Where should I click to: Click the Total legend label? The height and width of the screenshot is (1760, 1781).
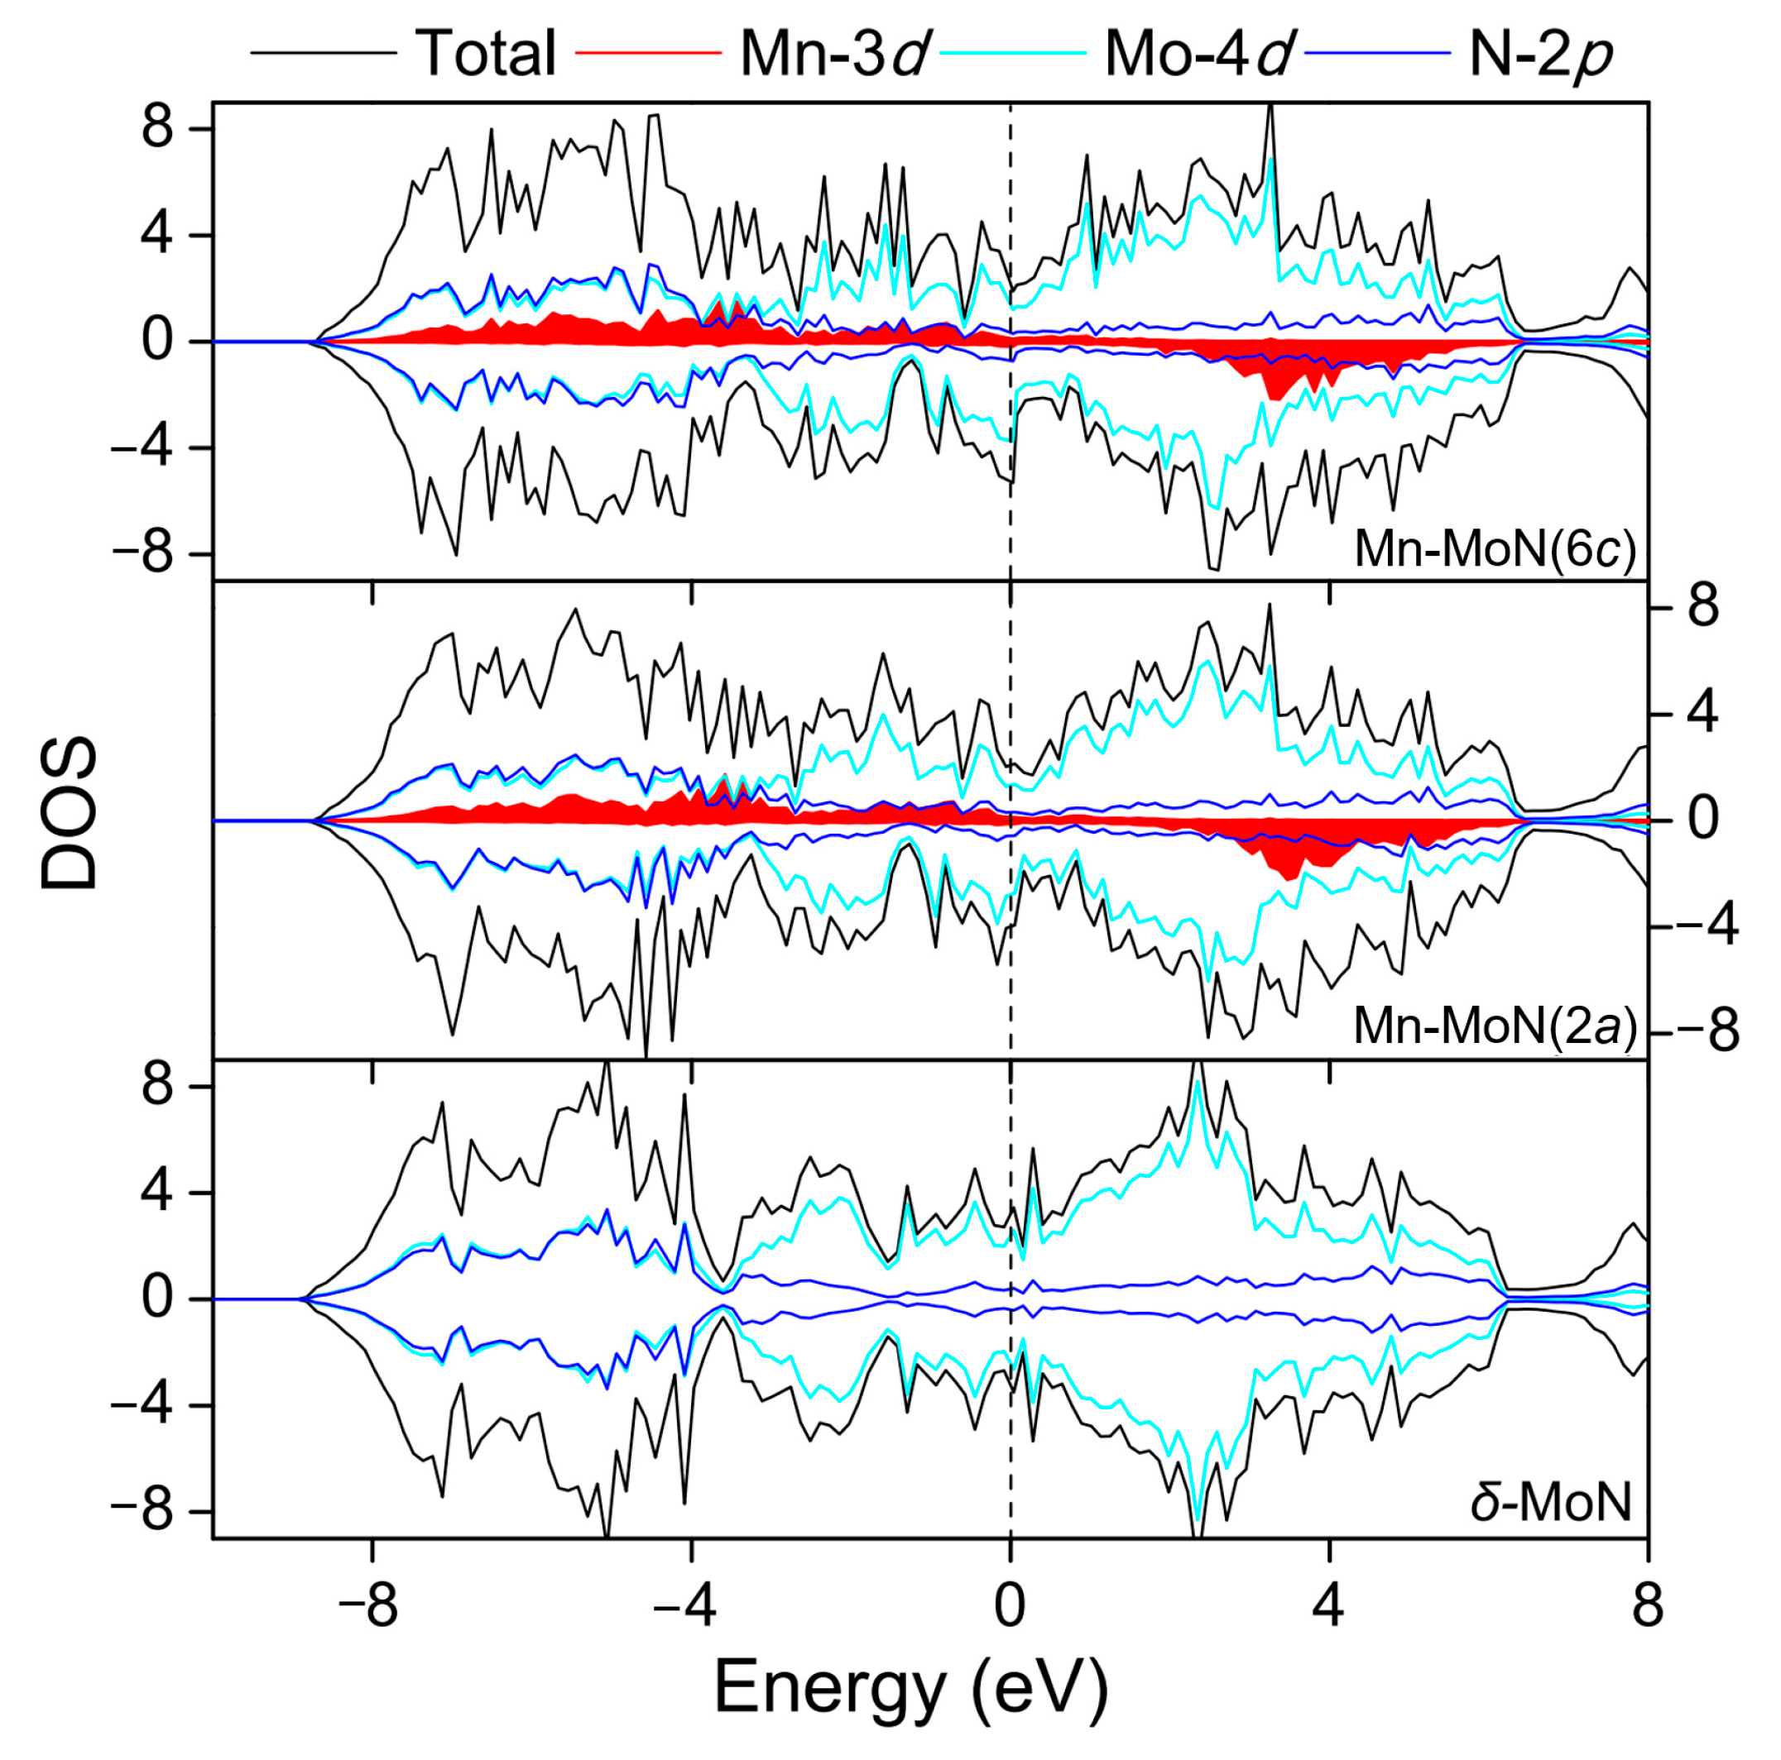(486, 54)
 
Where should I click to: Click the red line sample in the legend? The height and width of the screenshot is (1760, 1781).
(648, 54)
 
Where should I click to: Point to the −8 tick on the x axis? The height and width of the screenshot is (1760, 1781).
(367, 1606)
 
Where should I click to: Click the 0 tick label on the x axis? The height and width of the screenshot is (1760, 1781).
(1011, 1606)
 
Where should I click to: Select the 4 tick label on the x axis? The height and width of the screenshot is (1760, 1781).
(1328, 1606)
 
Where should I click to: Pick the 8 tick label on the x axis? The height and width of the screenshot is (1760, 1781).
(1647, 1606)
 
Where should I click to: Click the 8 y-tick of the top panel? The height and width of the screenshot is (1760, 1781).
(157, 128)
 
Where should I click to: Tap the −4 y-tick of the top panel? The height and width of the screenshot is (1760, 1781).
(143, 449)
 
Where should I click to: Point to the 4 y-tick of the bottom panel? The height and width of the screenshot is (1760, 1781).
(157, 1193)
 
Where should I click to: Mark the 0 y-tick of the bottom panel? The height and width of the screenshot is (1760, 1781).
(157, 1299)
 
